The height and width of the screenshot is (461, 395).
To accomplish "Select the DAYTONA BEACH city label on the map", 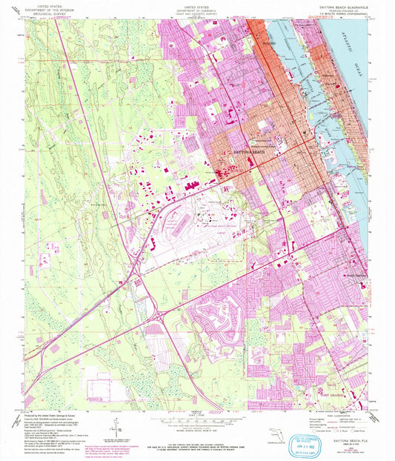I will coord(248,151).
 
